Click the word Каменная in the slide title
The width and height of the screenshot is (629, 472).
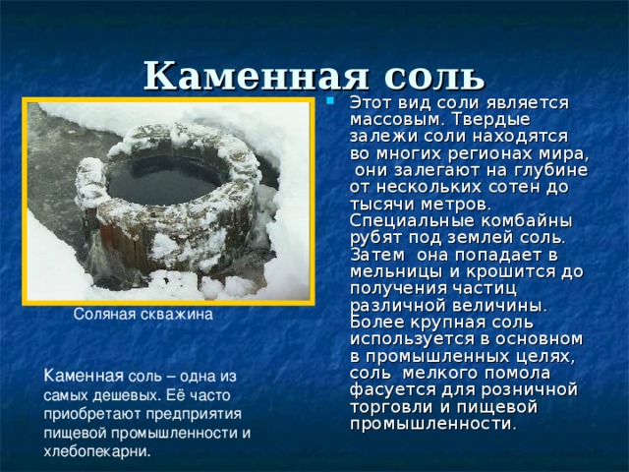[257, 76]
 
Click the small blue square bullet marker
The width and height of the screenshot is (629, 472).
[330, 100]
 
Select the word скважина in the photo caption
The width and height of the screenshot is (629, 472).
[177, 314]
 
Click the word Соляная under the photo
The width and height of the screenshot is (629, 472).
[105, 314]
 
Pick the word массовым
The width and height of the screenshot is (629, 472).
[394, 120]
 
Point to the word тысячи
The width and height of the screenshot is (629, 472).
[382, 205]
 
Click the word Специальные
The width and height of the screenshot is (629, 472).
[412, 221]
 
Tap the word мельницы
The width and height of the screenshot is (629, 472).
[397, 272]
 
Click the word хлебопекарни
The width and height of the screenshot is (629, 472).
[96, 451]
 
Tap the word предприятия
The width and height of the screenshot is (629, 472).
[194, 414]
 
